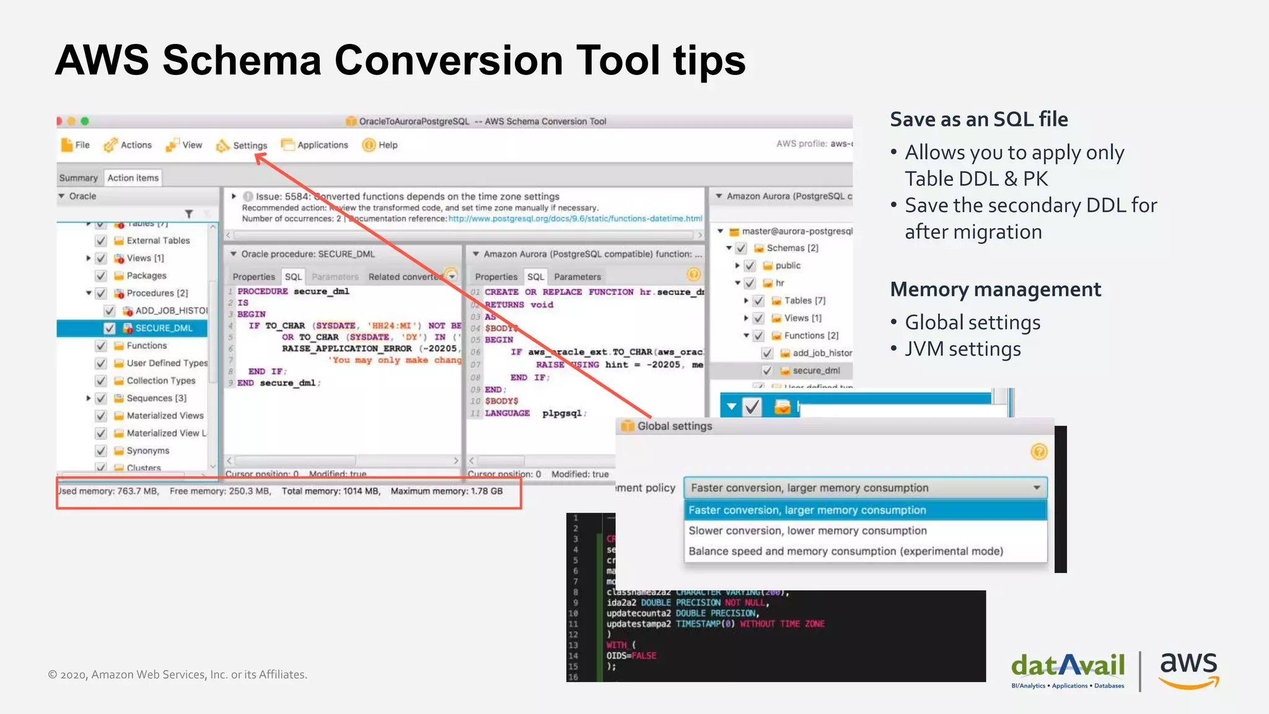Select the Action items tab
click(x=133, y=178)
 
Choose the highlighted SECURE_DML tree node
click(x=164, y=328)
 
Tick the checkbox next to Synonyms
click(x=101, y=451)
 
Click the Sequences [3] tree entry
click(x=156, y=398)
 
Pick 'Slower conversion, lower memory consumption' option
click(x=807, y=531)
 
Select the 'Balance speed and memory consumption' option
click(x=845, y=551)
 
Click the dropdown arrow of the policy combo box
click(x=1037, y=488)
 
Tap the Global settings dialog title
click(x=674, y=426)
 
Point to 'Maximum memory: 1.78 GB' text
click(x=446, y=491)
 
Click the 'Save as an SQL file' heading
click(x=979, y=119)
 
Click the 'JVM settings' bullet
click(x=962, y=349)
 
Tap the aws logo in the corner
click(x=1188, y=669)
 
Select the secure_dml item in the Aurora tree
click(x=816, y=371)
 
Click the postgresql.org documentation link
click(x=574, y=219)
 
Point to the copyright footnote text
click(x=178, y=674)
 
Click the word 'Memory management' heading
click(x=995, y=289)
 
